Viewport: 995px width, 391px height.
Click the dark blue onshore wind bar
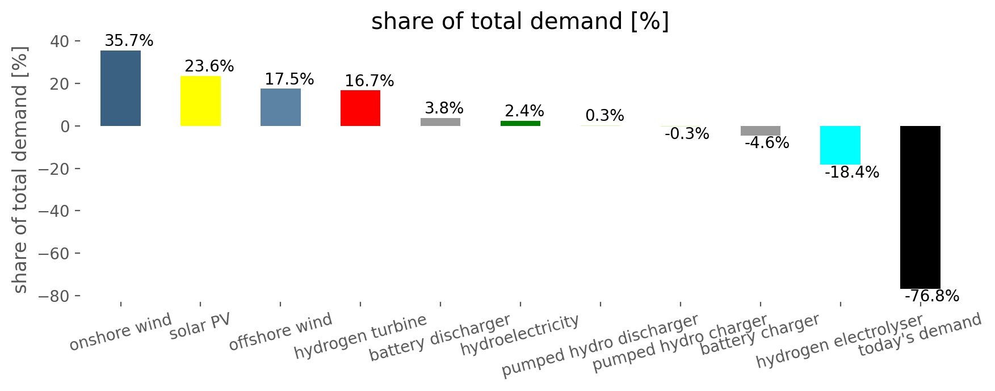tap(120, 88)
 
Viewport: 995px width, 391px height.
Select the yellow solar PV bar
tap(200, 101)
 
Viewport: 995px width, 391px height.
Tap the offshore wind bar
tap(280, 107)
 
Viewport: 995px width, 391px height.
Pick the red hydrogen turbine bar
tap(360, 108)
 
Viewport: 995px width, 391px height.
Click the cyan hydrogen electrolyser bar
tap(840, 145)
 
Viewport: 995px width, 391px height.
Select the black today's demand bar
tap(920, 207)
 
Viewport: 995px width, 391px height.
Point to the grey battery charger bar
tap(760, 131)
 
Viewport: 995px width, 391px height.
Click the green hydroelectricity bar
tap(520, 123)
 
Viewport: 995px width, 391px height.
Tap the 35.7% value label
tap(129, 41)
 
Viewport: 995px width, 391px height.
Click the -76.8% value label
tap(931, 296)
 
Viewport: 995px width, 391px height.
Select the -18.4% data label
tap(851, 173)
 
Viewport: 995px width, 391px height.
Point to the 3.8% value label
tap(444, 108)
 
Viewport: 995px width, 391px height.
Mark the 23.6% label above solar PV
tap(209, 66)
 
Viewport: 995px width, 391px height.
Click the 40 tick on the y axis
tap(60, 41)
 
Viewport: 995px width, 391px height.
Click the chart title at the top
tap(520, 22)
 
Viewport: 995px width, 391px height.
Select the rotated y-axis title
tap(20, 169)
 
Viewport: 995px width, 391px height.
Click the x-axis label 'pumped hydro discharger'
tap(600, 345)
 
